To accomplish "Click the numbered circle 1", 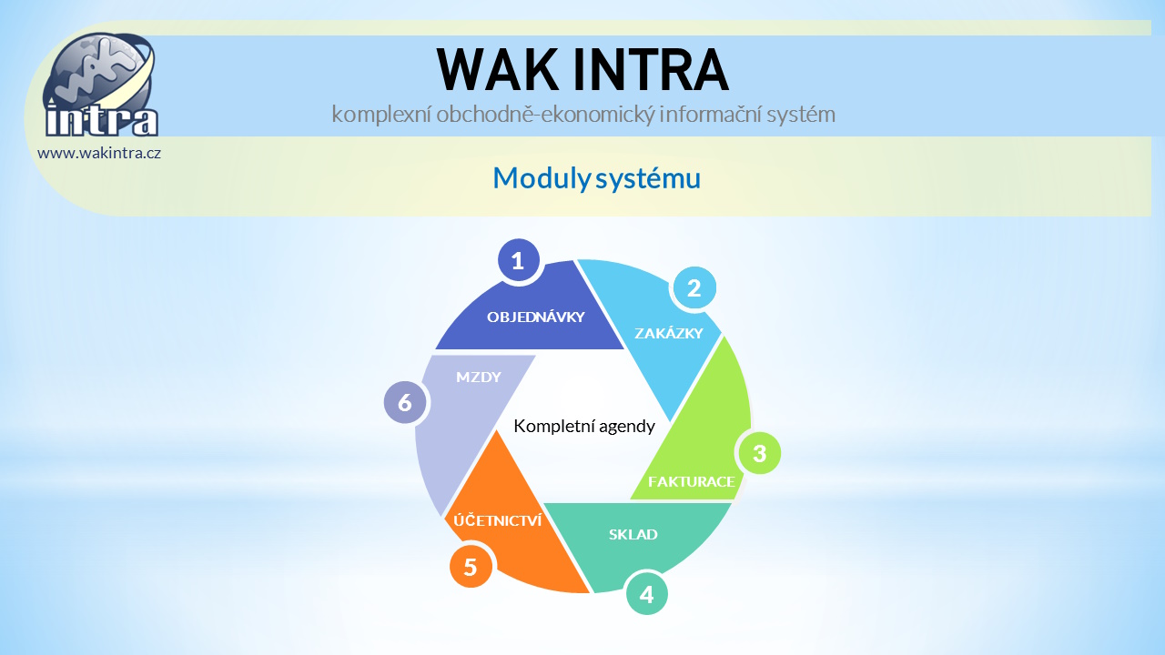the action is pyautogui.click(x=518, y=260).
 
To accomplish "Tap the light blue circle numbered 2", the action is pyautogui.click(x=694, y=288).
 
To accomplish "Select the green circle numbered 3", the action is pyautogui.click(x=759, y=453).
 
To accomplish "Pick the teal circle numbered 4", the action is pyautogui.click(x=646, y=594).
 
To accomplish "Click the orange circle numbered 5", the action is pyautogui.click(x=471, y=567).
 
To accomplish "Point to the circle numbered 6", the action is pyautogui.click(x=405, y=402).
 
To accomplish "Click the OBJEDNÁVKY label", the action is pyautogui.click(x=536, y=317).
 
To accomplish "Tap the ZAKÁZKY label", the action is pyautogui.click(x=669, y=333).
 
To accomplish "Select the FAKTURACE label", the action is pyautogui.click(x=691, y=482).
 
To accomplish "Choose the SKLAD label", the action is pyautogui.click(x=633, y=534).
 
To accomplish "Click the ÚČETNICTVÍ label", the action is pyautogui.click(x=498, y=520).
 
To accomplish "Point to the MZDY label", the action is pyautogui.click(x=479, y=377).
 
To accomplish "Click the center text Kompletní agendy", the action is pyautogui.click(x=584, y=427).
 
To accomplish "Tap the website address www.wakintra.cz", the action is pyautogui.click(x=99, y=154).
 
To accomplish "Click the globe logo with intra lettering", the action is pyautogui.click(x=101, y=85).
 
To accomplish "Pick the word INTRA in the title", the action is pyautogui.click(x=651, y=70).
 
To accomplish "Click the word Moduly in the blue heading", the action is pyautogui.click(x=542, y=178).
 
